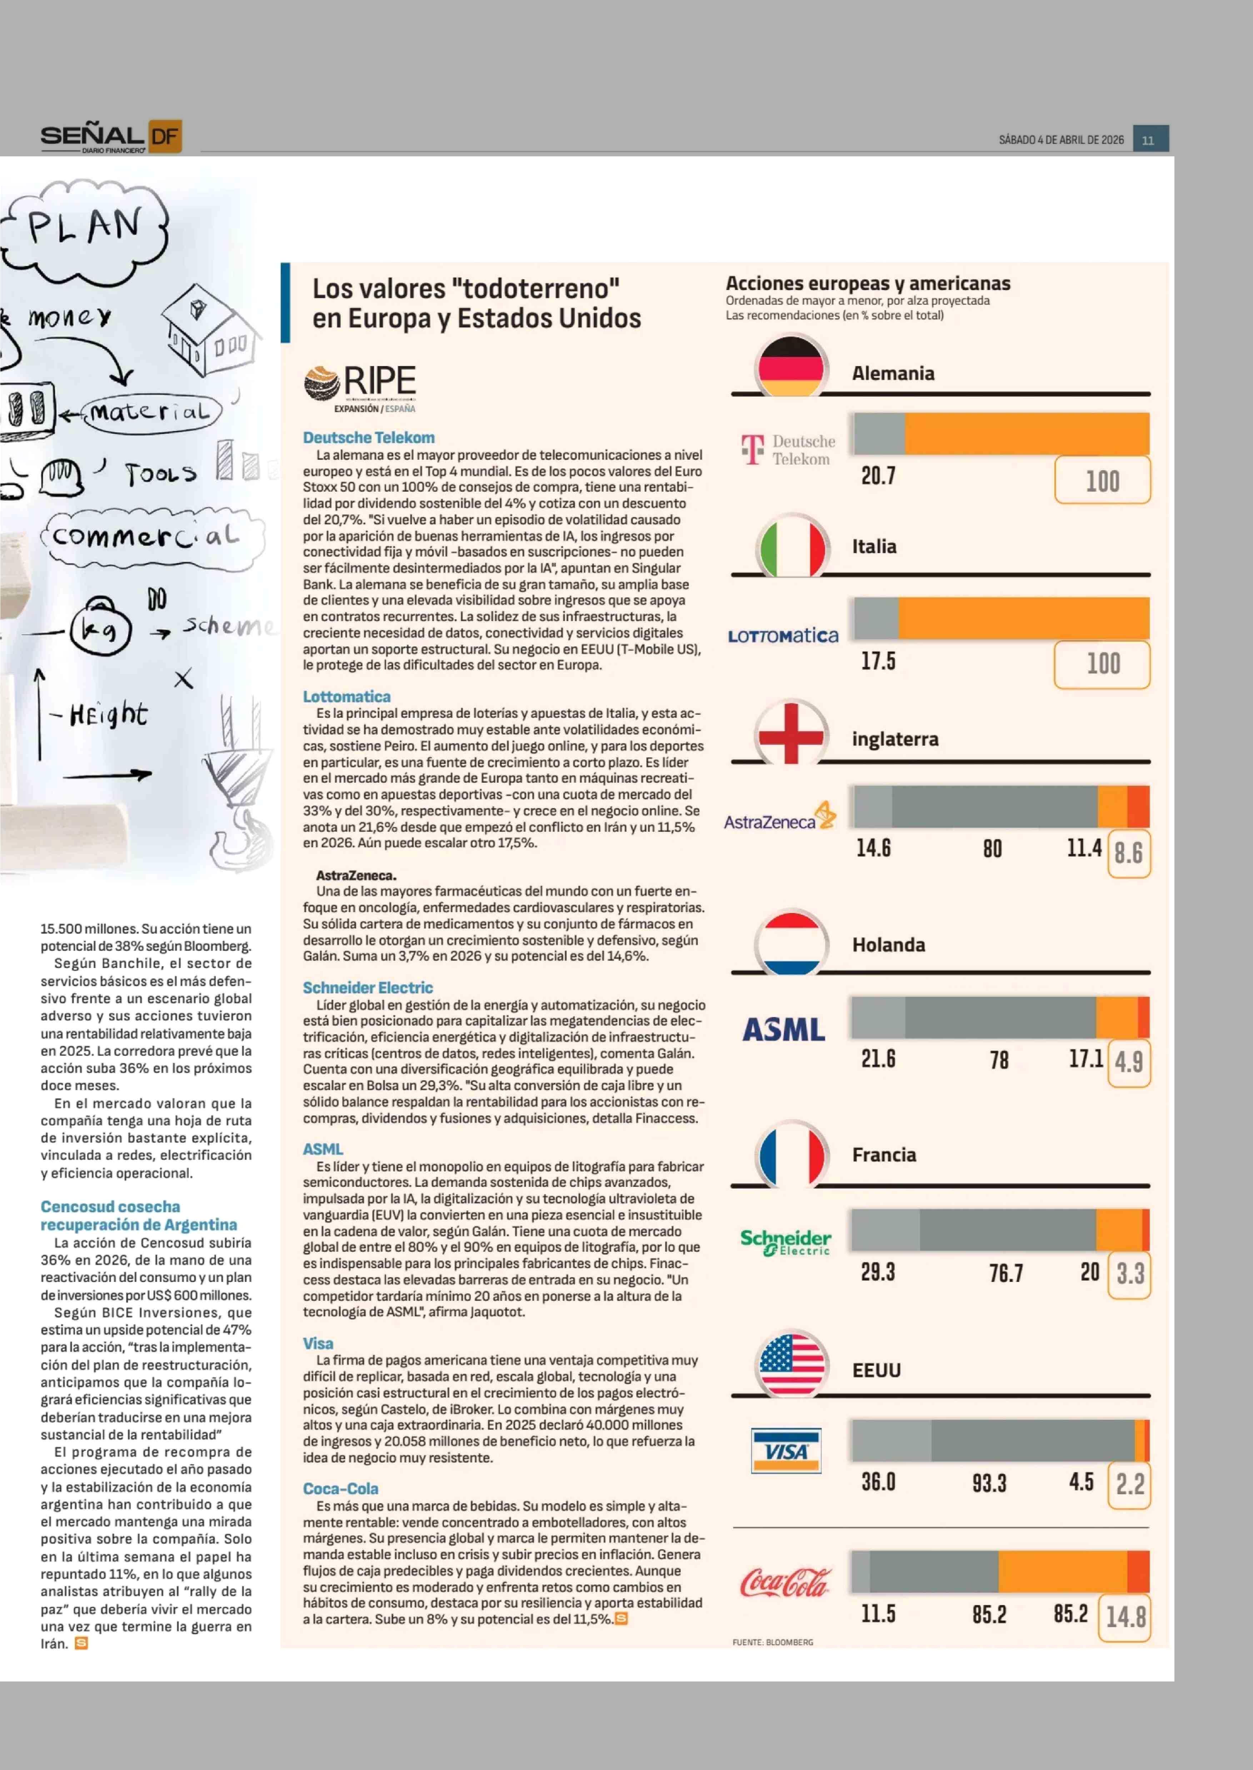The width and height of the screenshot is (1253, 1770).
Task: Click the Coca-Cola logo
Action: (x=785, y=1583)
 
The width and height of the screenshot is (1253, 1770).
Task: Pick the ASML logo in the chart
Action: (x=783, y=1030)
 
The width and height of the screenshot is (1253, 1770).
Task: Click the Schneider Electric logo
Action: (x=785, y=1242)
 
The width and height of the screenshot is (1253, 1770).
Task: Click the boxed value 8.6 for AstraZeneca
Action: (x=1128, y=853)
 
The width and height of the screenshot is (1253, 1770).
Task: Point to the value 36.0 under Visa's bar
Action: (x=878, y=1482)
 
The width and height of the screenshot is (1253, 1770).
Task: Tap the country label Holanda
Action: (x=888, y=945)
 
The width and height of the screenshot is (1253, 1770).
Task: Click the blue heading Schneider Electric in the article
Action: (x=367, y=988)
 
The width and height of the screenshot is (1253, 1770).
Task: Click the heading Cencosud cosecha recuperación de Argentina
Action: (x=139, y=1216)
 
